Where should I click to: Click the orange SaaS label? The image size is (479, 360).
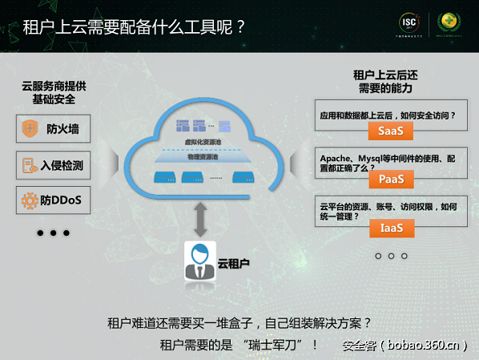click(390, 131)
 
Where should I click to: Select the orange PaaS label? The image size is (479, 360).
click(390, 179)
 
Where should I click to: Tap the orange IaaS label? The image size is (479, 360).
click(390, 229)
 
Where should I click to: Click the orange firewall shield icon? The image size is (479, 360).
click(30, 128)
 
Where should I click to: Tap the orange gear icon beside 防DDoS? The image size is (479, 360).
click(30, 200)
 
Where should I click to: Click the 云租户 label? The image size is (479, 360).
click(234, 262)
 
